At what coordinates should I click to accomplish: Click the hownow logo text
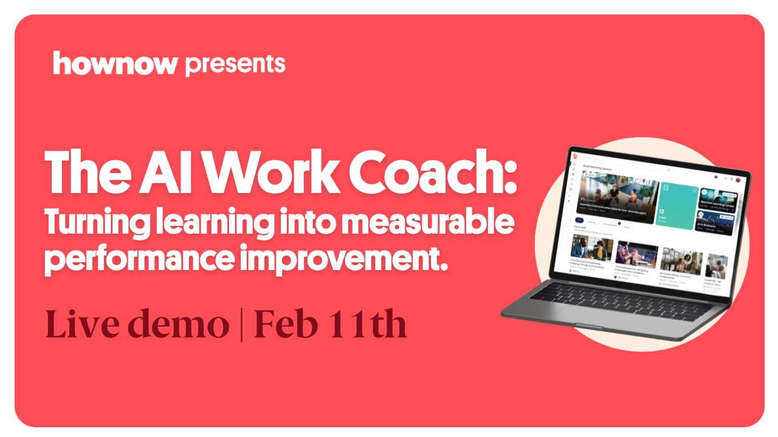115,64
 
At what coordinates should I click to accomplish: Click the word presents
235,64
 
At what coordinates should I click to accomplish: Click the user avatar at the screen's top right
738,180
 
